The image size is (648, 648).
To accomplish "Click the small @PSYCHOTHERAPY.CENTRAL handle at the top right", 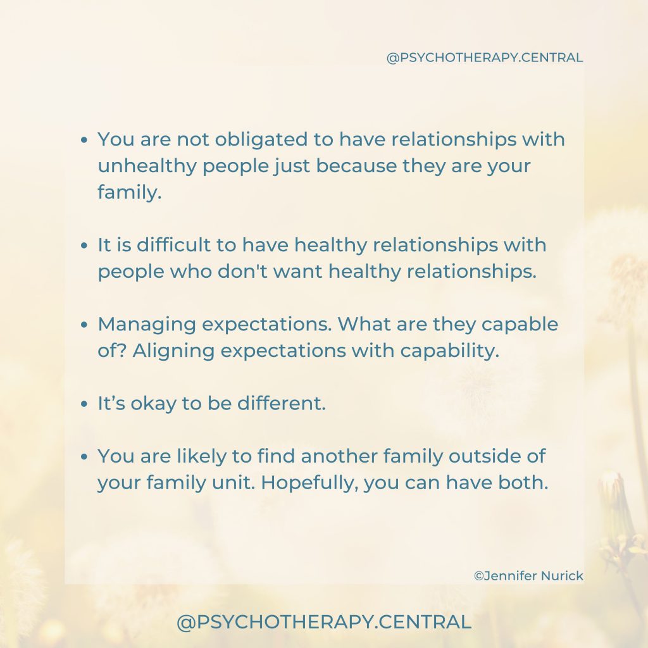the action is pos(484,58).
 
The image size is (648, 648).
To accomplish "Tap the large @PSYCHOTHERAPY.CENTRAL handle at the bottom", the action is pos(323,622).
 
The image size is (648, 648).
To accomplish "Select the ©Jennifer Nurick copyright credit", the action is pos(528,576).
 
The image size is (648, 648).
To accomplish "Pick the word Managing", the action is pos(147,325).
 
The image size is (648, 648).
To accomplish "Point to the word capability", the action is pos(450,351).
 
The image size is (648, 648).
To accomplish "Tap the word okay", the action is pos(153,403).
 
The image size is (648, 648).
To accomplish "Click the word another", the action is pos(339,456).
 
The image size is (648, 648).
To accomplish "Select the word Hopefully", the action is pos(309,483).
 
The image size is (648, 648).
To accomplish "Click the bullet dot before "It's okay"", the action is pos(84,404).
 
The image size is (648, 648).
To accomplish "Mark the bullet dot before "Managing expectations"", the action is pos(84,325).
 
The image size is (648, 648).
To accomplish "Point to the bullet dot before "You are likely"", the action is pos(84,457).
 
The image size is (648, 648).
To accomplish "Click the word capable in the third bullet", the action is pos(520,325).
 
